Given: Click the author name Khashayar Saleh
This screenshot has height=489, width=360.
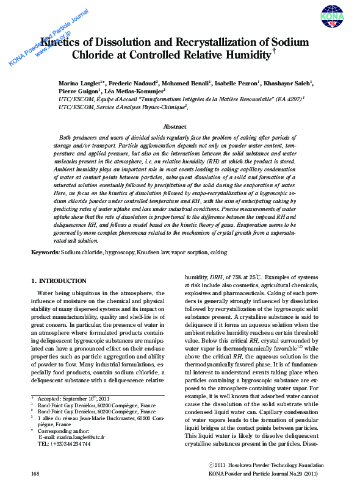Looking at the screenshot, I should click(289, 82).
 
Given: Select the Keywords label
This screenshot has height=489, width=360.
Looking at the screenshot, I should click(45, 252).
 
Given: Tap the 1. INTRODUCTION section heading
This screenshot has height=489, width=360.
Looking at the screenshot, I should click(59, 280).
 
